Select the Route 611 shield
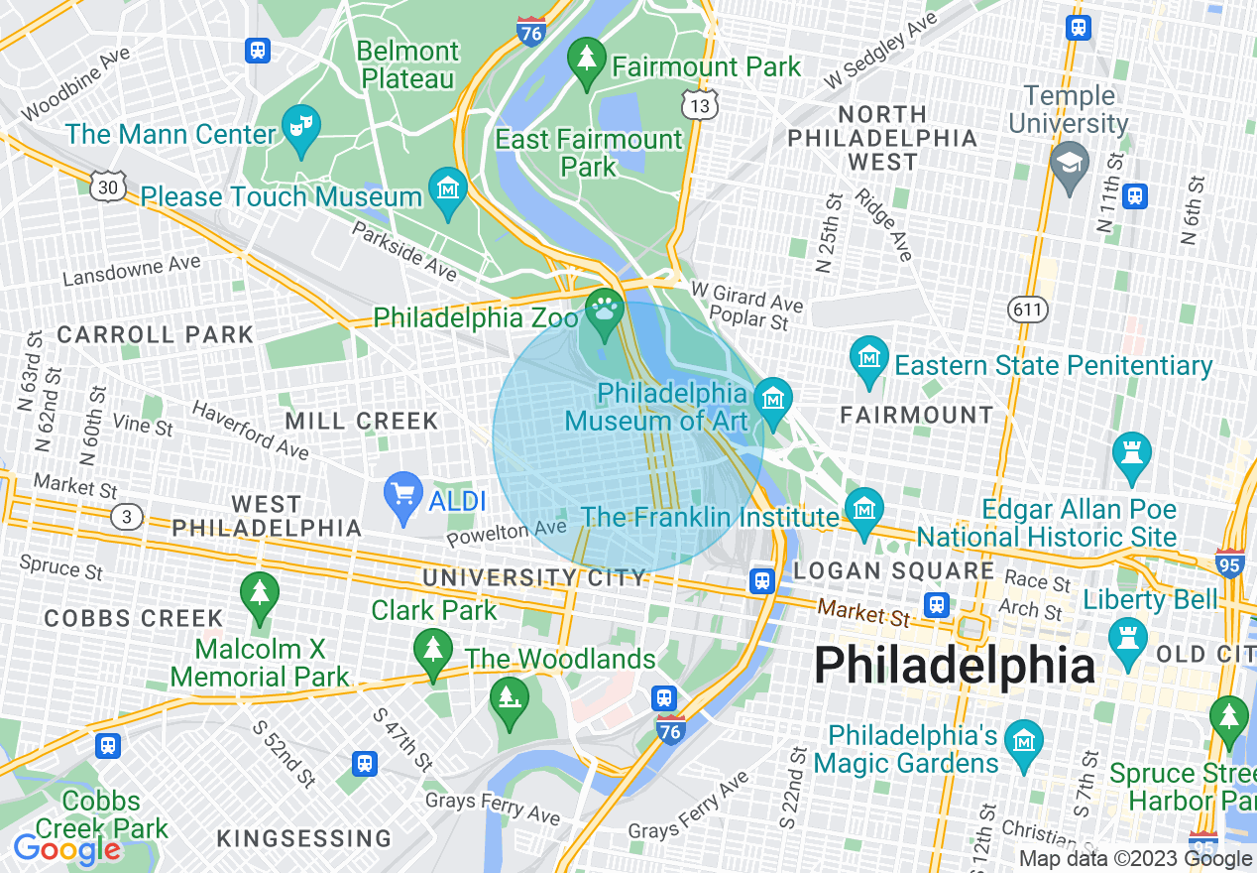point(1028,311)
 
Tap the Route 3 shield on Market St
point(126,516)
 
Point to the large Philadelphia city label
point(954,665)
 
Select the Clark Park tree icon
point(432,650)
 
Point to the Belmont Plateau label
point(407,64)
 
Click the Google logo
point(66,849)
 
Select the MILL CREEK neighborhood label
point(362,422)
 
